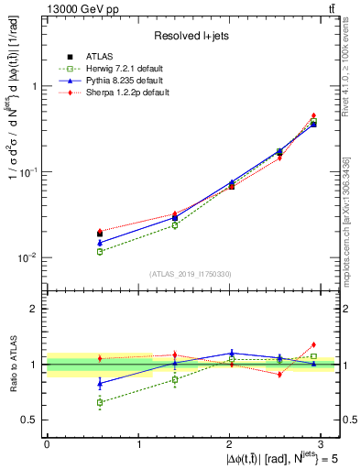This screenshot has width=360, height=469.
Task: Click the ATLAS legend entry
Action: [x=101, y=56]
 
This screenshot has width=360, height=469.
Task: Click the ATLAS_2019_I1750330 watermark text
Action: [x=191, y=274]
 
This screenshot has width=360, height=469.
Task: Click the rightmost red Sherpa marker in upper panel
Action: [x=313, y=115]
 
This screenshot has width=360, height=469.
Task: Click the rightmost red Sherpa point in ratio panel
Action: [x=313, y=344]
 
